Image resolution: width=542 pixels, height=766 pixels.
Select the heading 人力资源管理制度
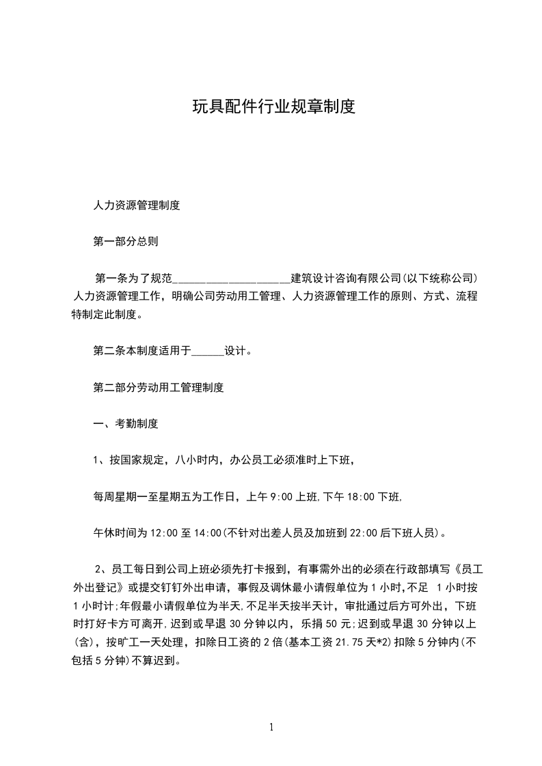(136, 205)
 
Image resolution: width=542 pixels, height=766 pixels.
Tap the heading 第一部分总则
(126, 241)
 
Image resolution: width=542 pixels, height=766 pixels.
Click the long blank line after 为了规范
(232, 279)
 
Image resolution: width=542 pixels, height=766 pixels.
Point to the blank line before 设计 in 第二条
(208, 352)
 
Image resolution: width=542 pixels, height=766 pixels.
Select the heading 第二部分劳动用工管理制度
(158, 388)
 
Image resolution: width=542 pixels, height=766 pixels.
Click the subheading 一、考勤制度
(126, 424)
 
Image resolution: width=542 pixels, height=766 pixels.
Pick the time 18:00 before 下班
(362, 497)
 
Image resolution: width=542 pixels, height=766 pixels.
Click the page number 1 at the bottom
(271, 728)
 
